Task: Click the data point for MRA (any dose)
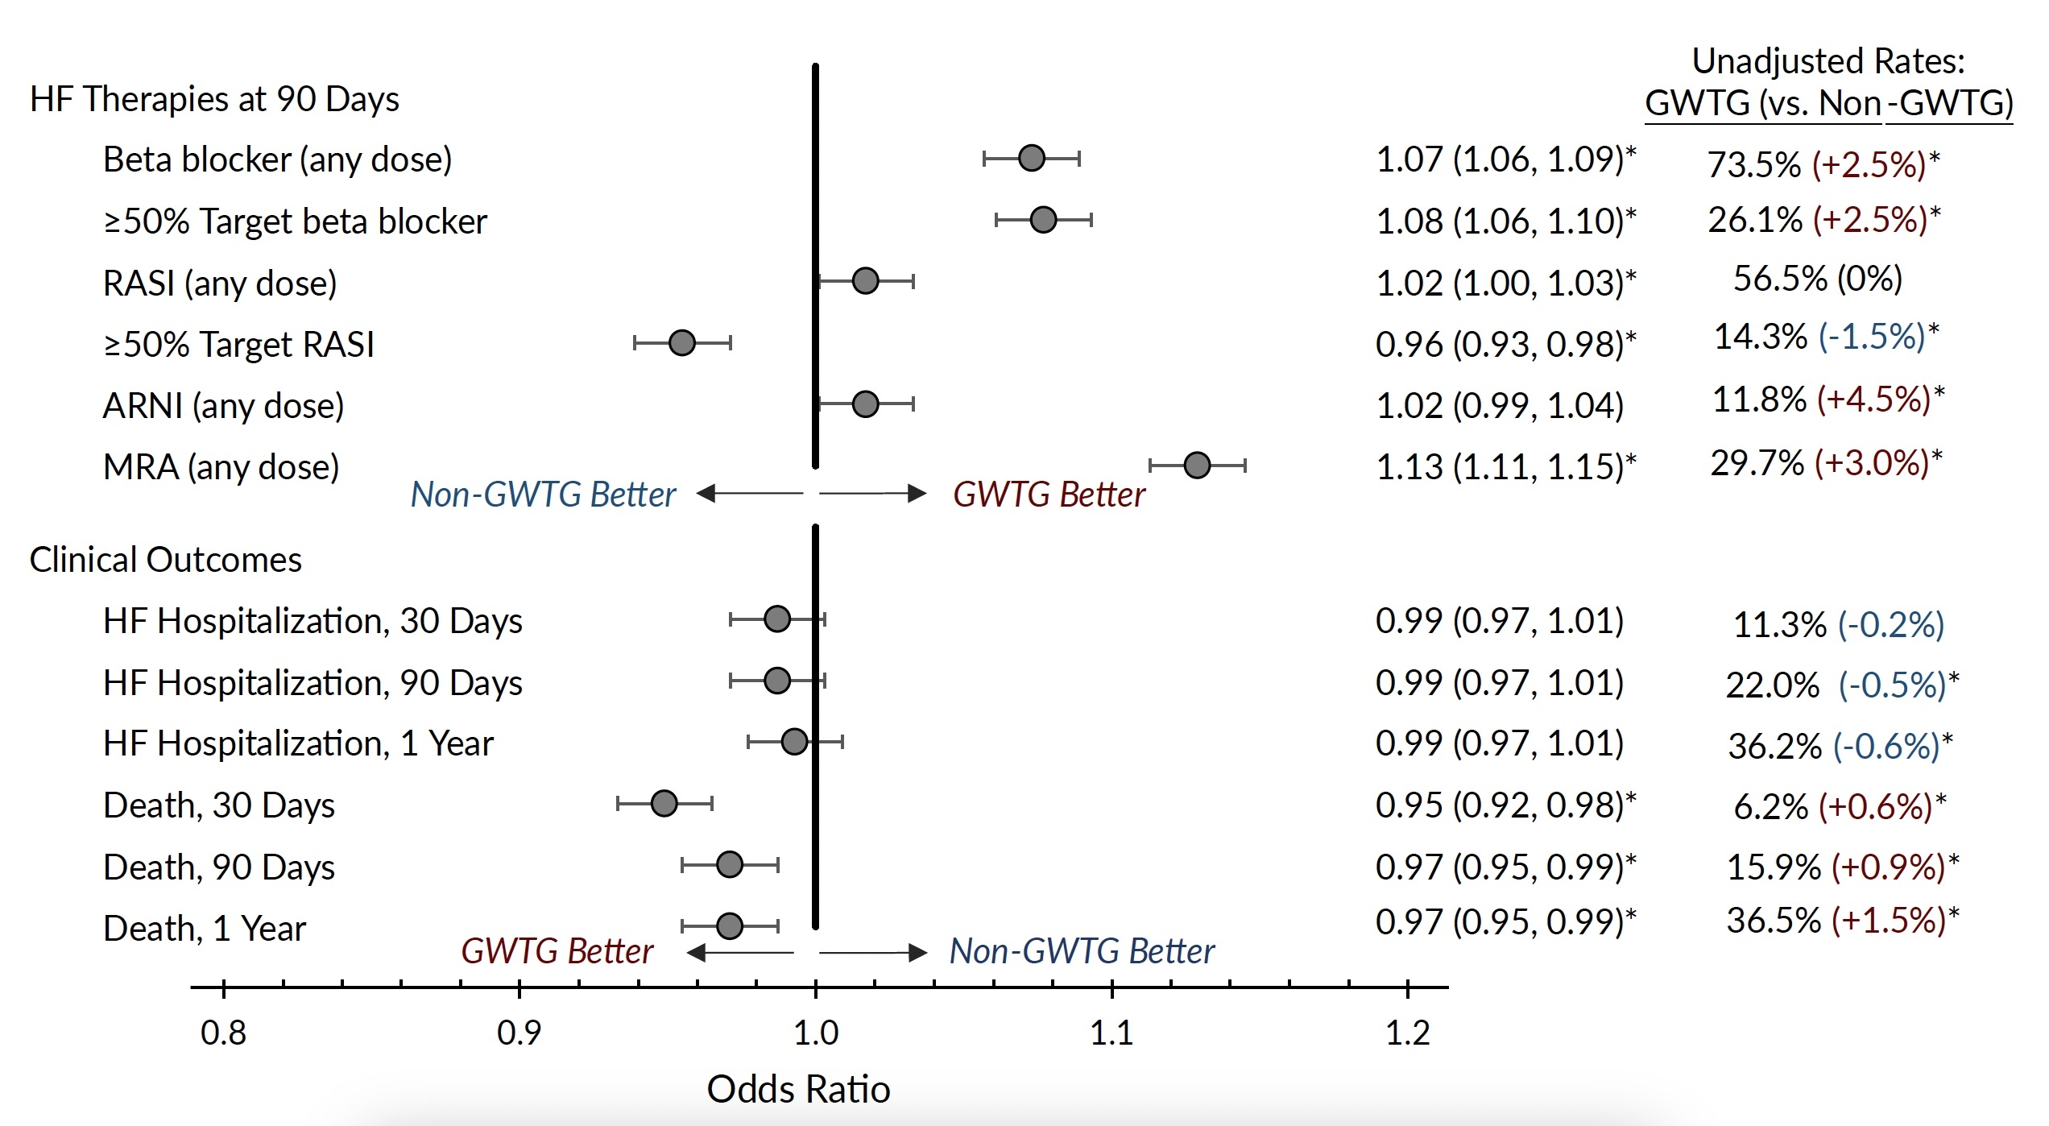(1197, 465)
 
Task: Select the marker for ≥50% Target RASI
(681, 342)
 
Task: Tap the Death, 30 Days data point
(664, 803)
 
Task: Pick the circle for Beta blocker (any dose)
(1031, 158)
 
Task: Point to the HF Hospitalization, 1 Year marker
(794, 741)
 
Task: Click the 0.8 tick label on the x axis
(223, 1033)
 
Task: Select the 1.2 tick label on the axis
(1407, 1033)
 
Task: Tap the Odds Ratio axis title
(798, 1089)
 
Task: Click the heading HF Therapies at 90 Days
(214, 99)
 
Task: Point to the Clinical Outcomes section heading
(165, 560)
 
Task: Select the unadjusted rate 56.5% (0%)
(1817, 279)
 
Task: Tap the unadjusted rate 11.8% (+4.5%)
(1827, 399)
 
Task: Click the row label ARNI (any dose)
(223, 405)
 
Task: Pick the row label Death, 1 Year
(205, 929)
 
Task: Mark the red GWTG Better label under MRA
(1049, 495)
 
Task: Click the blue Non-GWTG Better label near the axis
(1081, 951)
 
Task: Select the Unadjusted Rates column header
(1828, 82)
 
